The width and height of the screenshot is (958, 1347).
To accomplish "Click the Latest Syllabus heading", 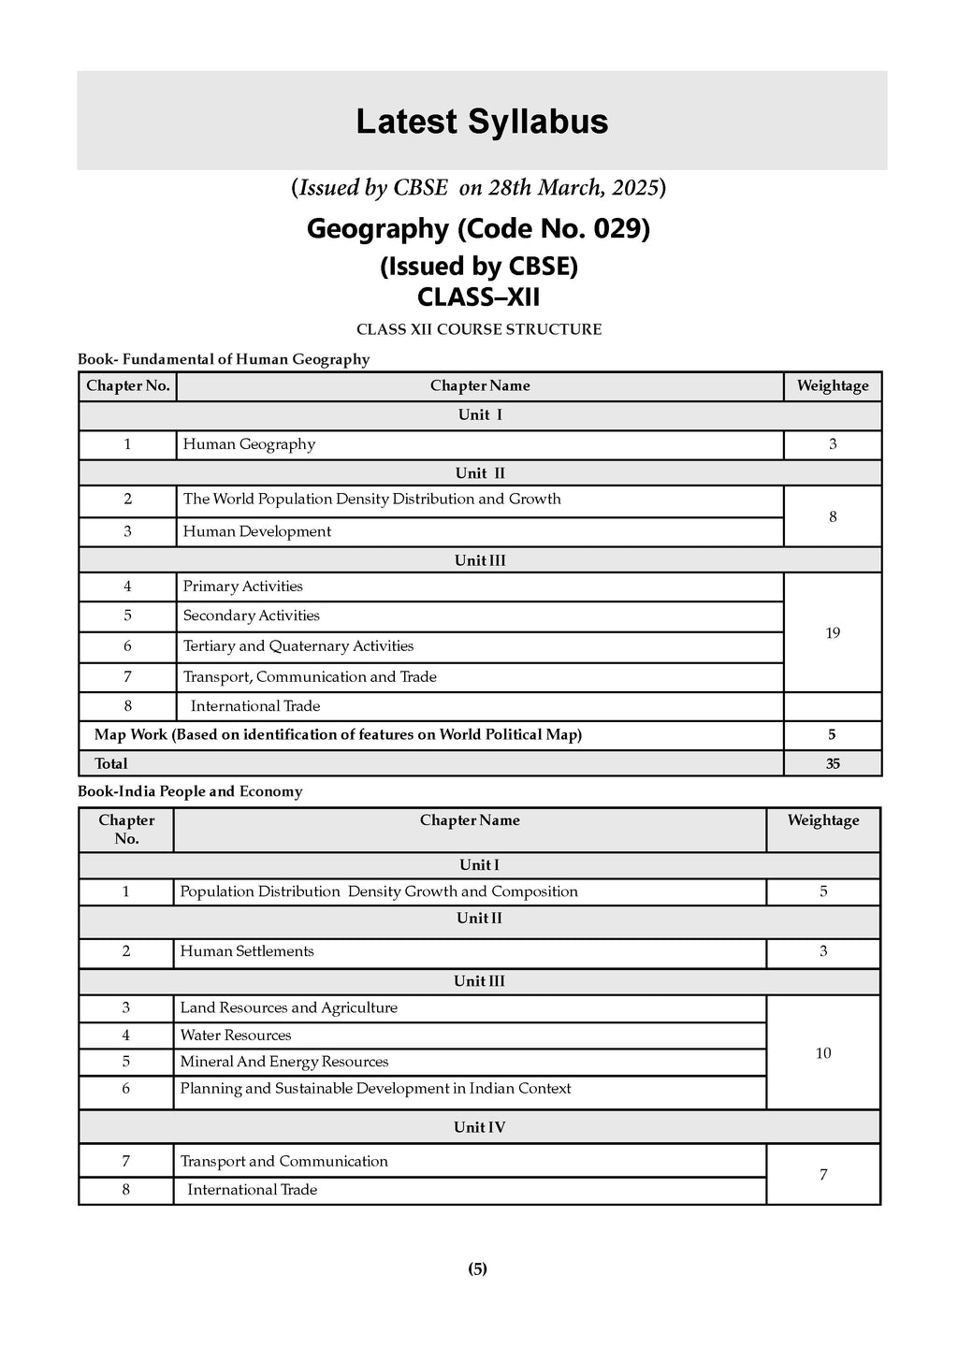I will pos(482,123).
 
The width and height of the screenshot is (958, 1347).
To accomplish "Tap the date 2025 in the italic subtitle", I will pos(637,187).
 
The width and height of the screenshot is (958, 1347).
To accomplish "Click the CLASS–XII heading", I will pos(478,297).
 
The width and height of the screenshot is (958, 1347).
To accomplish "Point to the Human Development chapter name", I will pos(257,531).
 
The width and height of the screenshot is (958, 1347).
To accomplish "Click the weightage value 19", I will pos(833,633).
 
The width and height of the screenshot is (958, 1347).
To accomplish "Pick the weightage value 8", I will pos(833,516).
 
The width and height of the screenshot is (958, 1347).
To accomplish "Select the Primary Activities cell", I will pos(243,587).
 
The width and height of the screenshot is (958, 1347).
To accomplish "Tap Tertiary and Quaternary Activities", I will pos(298,646).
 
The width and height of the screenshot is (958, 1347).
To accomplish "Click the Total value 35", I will pos(833,763).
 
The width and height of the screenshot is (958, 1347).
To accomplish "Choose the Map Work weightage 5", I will pos(832,735).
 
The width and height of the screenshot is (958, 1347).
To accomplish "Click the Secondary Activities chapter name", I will pos(252,616).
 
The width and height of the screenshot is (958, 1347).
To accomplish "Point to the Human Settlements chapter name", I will pos(247,951).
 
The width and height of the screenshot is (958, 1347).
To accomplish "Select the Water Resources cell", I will pos(236,1036).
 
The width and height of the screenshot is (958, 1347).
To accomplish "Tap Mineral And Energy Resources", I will pos(284,1062).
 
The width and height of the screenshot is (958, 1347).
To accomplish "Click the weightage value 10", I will pos(823,1053).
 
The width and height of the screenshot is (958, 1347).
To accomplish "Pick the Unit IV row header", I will pos(479,1127).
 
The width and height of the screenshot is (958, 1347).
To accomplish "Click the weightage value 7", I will pos(823,1175).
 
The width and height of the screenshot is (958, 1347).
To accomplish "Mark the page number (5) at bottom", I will pos(478,1269).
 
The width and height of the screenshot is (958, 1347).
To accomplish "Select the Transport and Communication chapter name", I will pos(284,1162).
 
